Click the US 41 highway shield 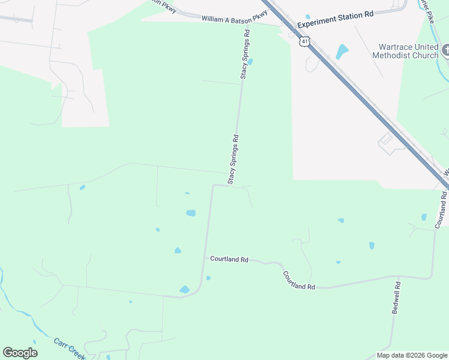pos(305,41)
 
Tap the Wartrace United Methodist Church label pos(406,52)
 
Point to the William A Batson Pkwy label pos(234,19)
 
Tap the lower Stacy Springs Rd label pos(233,159)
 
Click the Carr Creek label pos(67,346)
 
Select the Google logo pos(20,353)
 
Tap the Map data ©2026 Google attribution pos(412,355)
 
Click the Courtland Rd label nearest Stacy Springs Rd pos(229,259)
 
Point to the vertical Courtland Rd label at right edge pos(441,209)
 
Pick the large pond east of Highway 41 pos(342,52)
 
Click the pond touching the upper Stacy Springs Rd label pos(250,61)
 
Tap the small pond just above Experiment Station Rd pos(308,17)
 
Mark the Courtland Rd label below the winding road pos(299,281)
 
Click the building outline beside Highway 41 pos(386,141)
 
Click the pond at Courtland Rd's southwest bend pos(184,290)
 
